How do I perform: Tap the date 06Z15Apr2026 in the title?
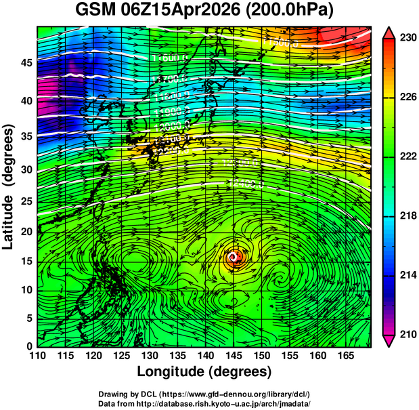pyautogui.click(x=179, y=11)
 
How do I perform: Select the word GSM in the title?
pyautogui.click(x=95, y=11)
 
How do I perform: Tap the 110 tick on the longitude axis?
pyautogui.click(x=37, y=355)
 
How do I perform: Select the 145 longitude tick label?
pyautogui.click(x=233, y=355)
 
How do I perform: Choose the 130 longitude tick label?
pyautogui.click(x=149, y=355)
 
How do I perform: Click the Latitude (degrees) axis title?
pyautogui.click(x=10, y=186)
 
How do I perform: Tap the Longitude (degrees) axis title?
pyautogui.click(x=204, y=371)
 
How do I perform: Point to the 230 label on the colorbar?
pyautogui.click(x=405, y=38)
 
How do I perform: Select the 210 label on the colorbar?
pyautogui.click(x=405, y=334)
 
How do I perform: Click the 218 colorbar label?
pyautogui.click(x=405, y=216)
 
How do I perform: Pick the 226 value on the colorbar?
pyautogui.click(x=405, y=98)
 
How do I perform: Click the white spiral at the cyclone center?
pyautogui.click(x=234, y=258)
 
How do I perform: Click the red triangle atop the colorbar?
pyautogui.click(x=389, y=32)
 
